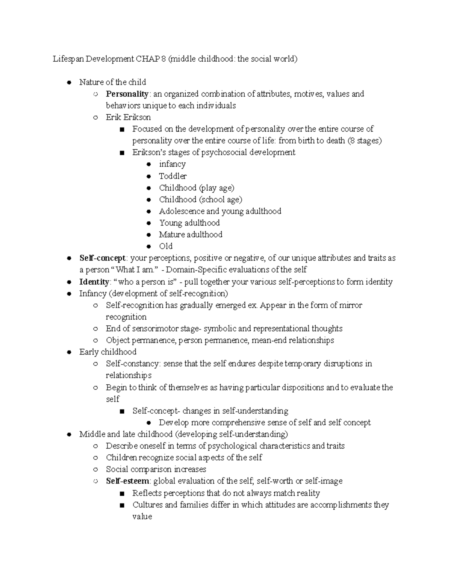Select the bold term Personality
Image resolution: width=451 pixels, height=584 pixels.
[127, 94]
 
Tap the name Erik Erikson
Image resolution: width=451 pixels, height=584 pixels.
[128, 117]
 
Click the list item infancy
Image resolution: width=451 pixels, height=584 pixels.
[172, 164]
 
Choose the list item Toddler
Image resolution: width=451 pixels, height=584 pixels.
[173, 176]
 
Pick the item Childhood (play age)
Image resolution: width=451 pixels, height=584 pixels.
[196, 188]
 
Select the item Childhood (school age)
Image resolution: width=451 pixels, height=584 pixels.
[200, 199]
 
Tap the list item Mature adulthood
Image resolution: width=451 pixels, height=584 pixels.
[191, 235]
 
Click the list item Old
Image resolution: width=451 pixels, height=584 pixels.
[166, 246]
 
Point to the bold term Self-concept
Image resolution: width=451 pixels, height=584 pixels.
[102, 258]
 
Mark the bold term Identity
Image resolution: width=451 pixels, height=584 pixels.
[94, 282]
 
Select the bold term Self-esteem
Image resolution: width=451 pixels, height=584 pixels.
[127, 481]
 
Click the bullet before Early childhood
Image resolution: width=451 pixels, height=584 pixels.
[69, 352]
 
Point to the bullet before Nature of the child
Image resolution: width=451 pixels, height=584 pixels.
[69, 82]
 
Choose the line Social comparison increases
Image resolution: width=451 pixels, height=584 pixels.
[156, 469]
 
